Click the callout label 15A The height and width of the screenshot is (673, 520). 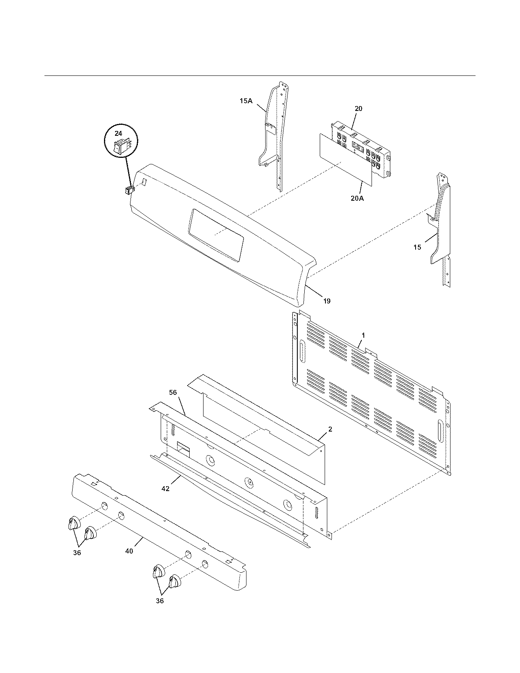246,101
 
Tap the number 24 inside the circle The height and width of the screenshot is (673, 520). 118,133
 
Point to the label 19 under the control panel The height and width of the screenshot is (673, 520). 327,301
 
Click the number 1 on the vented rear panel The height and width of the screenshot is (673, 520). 363,335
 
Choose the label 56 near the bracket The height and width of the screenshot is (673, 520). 173,392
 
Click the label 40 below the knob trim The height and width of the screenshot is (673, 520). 129,551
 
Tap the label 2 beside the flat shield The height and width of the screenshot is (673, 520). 330,429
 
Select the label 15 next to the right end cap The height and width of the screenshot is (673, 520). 417,247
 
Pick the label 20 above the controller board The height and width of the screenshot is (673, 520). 358,108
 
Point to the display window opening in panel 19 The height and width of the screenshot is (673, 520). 216,234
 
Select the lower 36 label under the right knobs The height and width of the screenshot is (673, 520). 159,601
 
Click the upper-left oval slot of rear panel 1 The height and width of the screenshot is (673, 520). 302,351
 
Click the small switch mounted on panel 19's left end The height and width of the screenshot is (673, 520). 130,190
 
